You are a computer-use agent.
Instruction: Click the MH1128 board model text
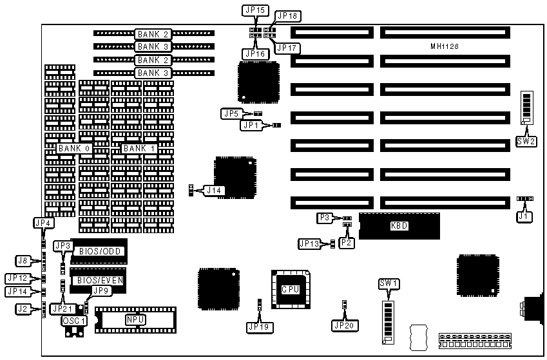(445, 47)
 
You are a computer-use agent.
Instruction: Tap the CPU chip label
(290, 289)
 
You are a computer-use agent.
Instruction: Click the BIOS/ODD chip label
(99, 250)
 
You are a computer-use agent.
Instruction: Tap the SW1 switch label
(387, 284)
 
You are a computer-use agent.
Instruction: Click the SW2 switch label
(526, 141)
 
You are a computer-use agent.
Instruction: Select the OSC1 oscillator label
(73, 320)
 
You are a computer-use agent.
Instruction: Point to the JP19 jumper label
(259, 327)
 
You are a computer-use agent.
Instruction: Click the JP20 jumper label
(345, 325)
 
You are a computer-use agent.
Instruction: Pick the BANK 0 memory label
(73, 148)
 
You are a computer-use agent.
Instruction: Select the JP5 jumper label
(231, 113)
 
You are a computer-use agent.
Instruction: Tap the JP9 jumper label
(102, 290)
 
